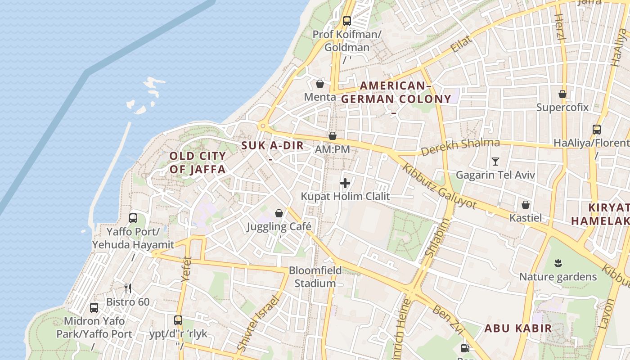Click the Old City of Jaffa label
(198, 162)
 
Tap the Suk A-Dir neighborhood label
(272, 146)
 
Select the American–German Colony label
(396, 92)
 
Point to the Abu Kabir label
(518, 328)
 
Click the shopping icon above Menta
(320, 84)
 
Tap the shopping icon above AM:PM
(333, 136)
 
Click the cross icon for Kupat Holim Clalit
(345, 183)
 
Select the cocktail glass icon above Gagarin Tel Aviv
(495, 161)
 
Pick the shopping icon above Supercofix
(562, 94)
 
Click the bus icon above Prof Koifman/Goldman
(346, 21)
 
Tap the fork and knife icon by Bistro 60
(128, 288)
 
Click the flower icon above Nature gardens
(558, 263)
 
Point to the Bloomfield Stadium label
(315, 277)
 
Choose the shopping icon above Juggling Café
(279, 213)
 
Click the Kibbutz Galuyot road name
(439, 185)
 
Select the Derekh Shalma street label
(460, 147)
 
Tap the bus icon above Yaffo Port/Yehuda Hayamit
(133, 218)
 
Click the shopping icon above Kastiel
(526, 205)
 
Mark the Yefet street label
(186, 269)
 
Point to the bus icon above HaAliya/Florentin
(597, 130)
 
